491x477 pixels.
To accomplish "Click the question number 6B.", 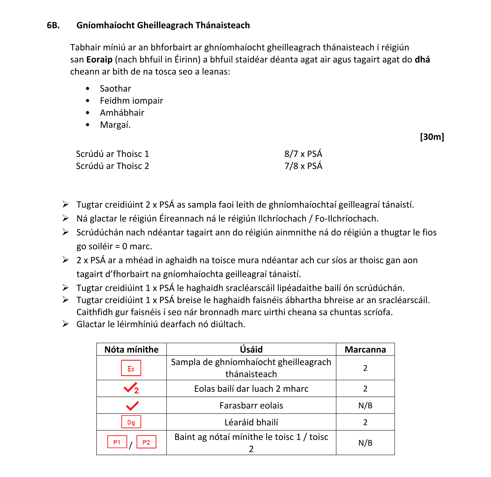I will point(53,25).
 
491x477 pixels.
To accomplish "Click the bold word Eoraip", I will point(99,60).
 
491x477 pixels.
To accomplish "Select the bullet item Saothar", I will point(115,88).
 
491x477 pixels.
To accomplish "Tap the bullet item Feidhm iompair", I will point(131,101).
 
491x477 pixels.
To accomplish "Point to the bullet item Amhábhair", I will point(122,113).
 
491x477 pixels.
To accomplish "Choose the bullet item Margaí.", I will point(115,125).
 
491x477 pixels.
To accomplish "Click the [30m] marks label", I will point(432,137).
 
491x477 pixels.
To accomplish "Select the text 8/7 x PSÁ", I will point(303,154).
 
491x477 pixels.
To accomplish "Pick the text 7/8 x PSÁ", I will point(303,166).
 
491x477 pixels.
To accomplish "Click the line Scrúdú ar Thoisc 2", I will point(112,166).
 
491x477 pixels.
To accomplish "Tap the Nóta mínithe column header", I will point(131,350).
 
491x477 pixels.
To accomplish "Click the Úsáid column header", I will point(251,350).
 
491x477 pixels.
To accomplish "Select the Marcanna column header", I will point(365,350).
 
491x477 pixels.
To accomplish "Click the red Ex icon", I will point(131,368).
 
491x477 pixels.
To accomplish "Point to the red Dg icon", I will point(131,422).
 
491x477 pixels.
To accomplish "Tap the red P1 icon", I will point(117,442).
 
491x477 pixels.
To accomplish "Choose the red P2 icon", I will point(146,442).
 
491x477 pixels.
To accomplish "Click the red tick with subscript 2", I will point(131,389).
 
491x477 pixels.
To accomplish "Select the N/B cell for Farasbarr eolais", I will point(365,406).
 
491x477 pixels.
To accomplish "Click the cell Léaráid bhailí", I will point(251,422).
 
